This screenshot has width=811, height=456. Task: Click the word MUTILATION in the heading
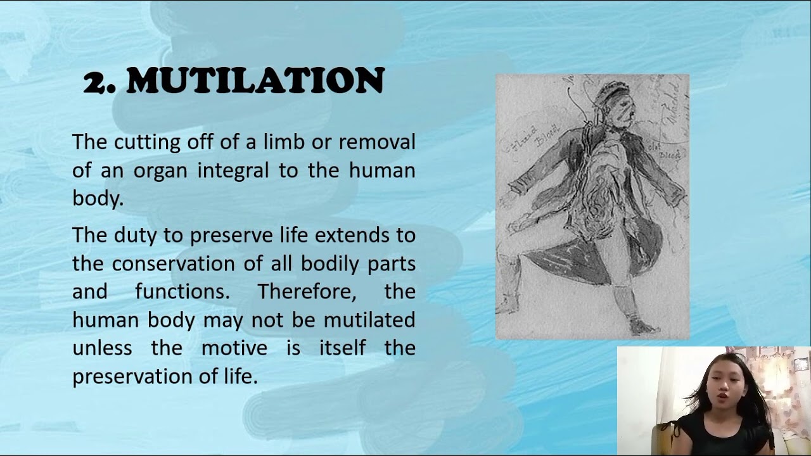coord(255,81)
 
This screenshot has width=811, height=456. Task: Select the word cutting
coord(148,142)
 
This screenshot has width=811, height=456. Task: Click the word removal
coord(377,141)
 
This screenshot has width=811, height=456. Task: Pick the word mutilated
coord(369,319)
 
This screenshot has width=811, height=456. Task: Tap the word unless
coord(102,348)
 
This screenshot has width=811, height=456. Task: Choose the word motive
coord(234,348)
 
